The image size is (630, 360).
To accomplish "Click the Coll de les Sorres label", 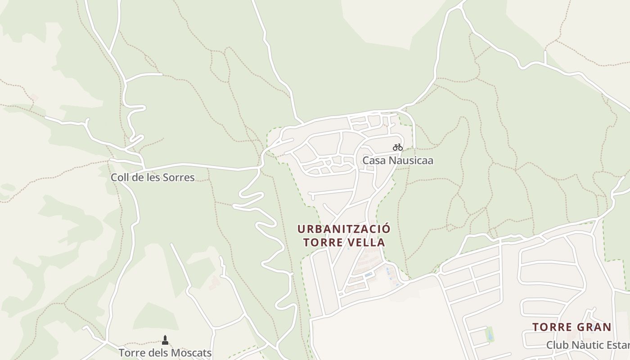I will click(153, 177).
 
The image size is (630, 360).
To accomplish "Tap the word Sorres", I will click(179, 177).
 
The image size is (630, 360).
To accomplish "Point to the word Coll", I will click(120, 177).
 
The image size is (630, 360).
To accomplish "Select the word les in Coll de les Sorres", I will click(153, 177).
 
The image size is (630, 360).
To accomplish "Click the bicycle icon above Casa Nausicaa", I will click(397, 147).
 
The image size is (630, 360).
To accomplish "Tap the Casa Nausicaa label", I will click(398, 160).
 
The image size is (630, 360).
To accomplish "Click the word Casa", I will click(373, 160).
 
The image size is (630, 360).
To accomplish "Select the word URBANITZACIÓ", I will click(344, 229).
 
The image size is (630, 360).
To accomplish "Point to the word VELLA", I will click(369, 243).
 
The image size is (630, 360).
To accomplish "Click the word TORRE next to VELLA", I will click(323, 243).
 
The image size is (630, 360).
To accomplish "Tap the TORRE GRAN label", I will click(572, 327).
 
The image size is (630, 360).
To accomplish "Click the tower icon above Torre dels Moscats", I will click(165, 340).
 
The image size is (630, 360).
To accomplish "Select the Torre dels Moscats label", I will click(165, 352).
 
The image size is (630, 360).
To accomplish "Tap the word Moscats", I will click(192, 352).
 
